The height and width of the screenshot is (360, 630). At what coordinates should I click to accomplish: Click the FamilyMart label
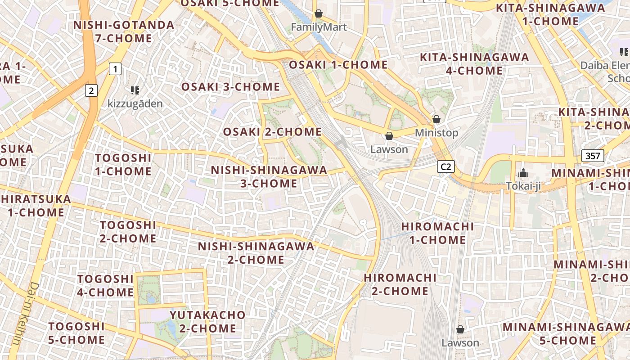319,27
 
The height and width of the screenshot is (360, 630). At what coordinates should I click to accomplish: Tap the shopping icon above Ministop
436,119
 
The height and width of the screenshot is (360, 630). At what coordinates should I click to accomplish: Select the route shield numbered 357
592,156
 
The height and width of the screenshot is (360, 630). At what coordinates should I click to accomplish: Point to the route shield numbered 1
116,69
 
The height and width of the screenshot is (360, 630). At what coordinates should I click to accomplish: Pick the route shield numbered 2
91,90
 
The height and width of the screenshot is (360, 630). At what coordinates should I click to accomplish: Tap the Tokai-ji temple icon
523,173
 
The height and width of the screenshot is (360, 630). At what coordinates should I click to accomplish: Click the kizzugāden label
135,103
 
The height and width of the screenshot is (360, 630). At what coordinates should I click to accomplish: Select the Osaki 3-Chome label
230,87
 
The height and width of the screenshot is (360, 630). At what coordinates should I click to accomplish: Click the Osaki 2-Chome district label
272,132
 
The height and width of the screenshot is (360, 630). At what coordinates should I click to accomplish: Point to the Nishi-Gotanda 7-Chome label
124,31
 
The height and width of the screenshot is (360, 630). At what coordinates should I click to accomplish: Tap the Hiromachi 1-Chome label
437,233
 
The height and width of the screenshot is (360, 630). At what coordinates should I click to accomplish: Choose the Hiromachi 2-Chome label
400,284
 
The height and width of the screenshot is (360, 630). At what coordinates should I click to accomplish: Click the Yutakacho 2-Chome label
208,321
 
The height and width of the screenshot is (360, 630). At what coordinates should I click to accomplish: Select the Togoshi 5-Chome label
76,333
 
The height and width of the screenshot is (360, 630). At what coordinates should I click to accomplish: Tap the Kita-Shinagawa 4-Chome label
474,64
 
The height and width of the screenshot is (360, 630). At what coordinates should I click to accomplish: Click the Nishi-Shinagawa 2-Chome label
256,253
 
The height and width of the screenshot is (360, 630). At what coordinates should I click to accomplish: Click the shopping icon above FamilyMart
319,14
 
